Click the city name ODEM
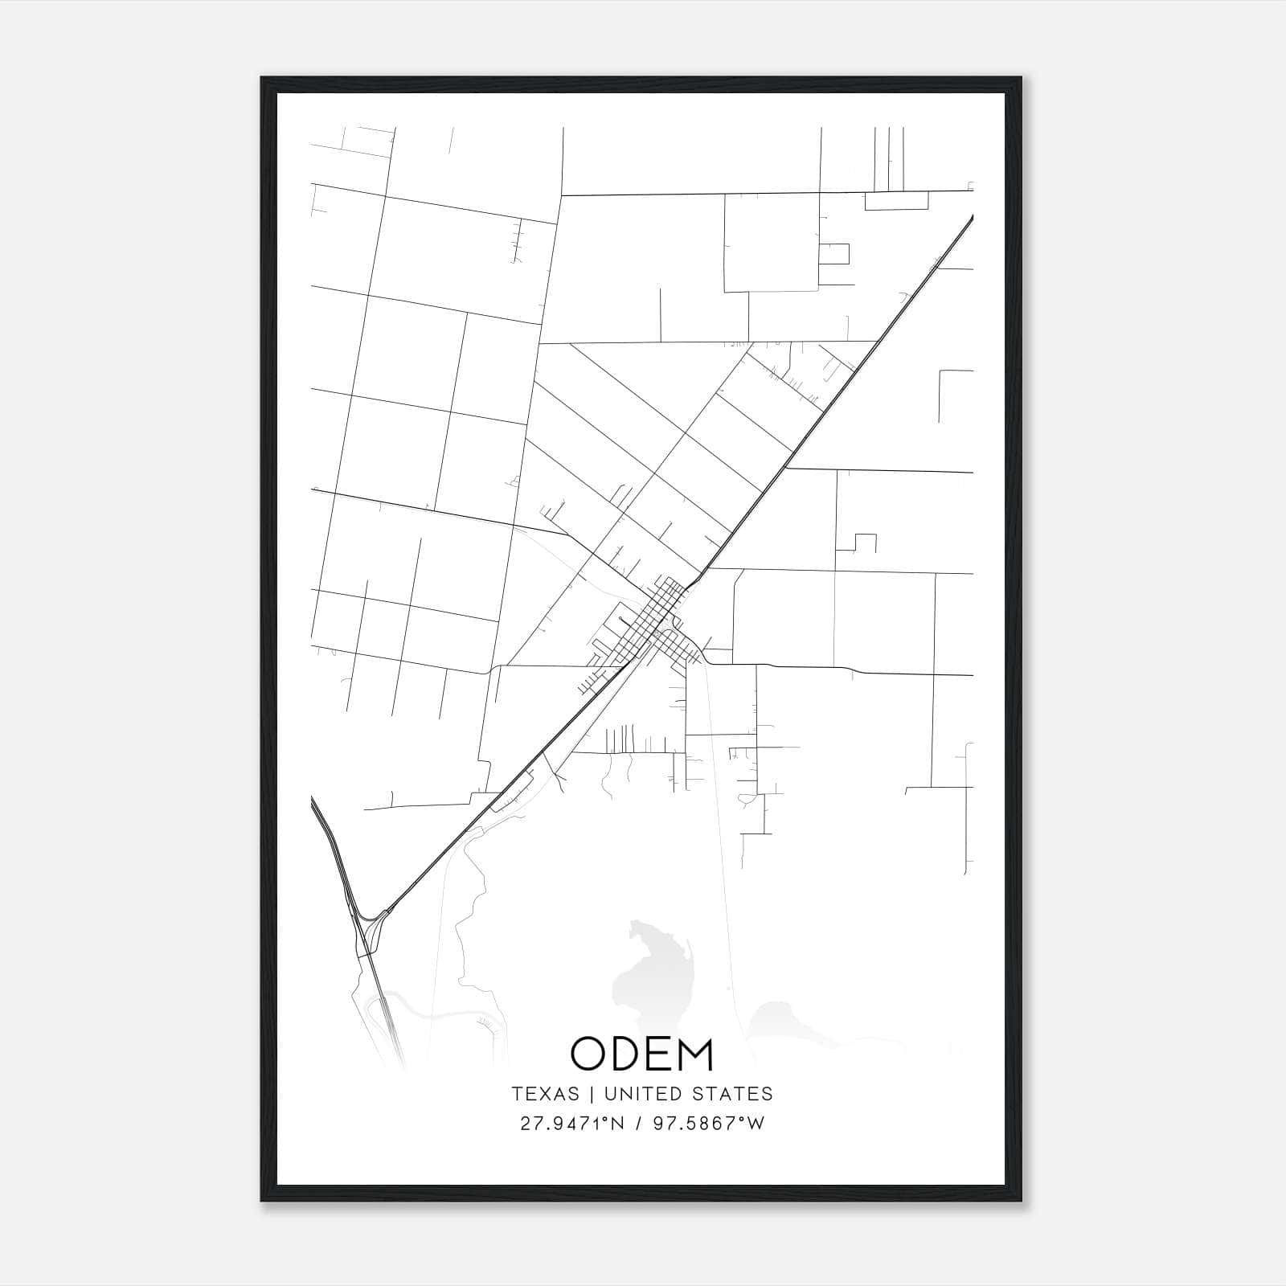(x=641, y=1055)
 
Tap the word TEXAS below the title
(x=545, y=1094)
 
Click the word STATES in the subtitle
(x=731, y=1094)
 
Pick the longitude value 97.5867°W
(x=708, y=1124)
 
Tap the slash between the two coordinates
(x=639, y=1124)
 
